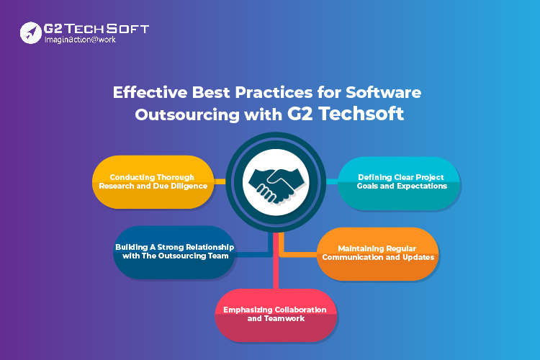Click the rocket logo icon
tap(31, 32)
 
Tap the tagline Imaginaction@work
tap(80, 40)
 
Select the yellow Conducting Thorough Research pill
tap(153, 182)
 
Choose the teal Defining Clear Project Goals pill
tap(399, 184)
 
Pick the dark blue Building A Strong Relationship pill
tap(174, 252)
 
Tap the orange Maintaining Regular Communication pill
tap(378, 254)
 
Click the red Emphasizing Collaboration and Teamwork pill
tap(276, 315)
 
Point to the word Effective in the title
tap(150, 92)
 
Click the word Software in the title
tap(383, 92)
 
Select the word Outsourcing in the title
tap(187, 114)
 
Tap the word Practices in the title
tap(274, 92)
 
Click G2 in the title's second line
tap(300, 114)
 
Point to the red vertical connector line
tap(276, 261)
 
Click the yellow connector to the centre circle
tap(220, 181)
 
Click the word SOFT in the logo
tap(127, 29)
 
